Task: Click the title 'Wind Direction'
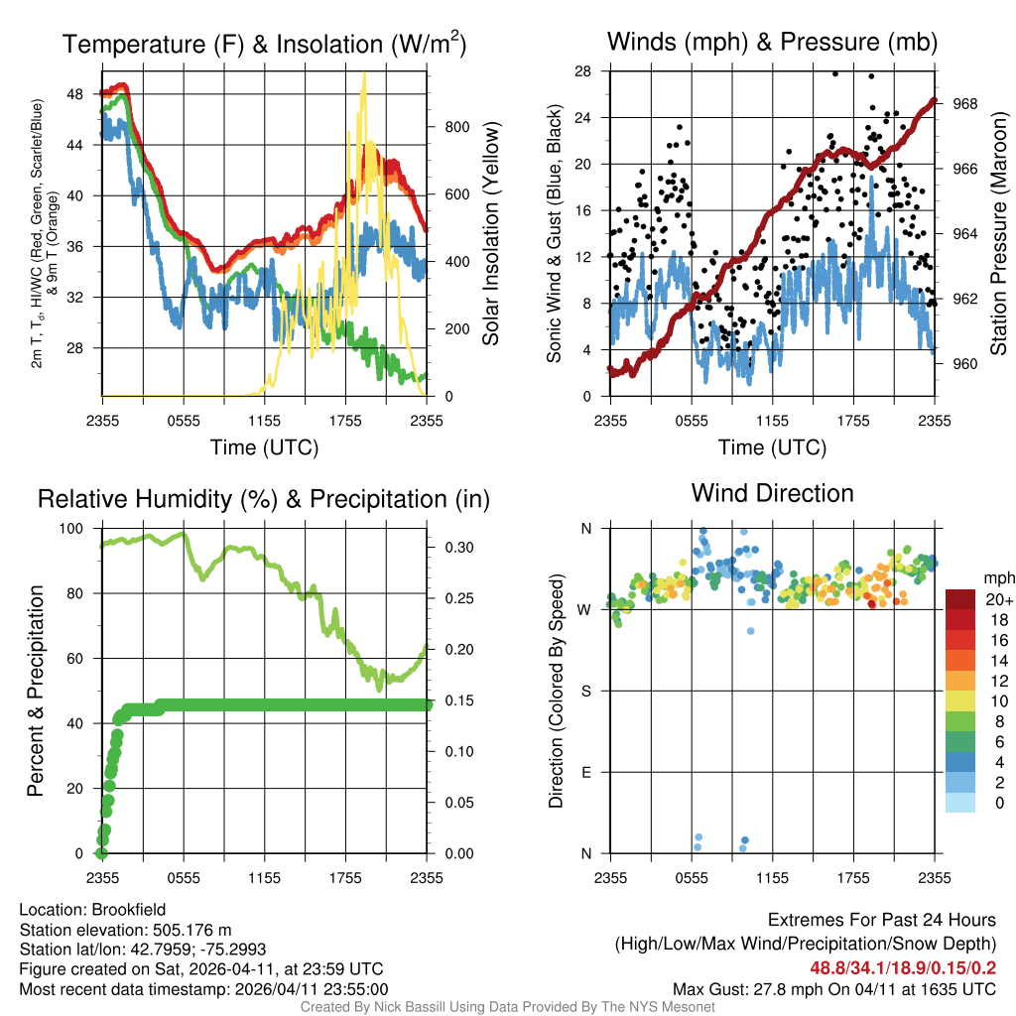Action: pos(772,493)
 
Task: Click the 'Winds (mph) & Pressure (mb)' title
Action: pos(772,42)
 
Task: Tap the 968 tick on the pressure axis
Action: pos(965,103)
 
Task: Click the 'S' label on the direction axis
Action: pos(585,691)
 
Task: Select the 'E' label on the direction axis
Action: pos(585,772)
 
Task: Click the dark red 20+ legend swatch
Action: pos(960,599)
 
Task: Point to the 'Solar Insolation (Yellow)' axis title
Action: pos(490,233)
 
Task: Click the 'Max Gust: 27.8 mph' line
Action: pos(834,989)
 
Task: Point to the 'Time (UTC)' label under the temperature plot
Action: pos(265,447)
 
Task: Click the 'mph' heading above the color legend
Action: pos(997,577)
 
